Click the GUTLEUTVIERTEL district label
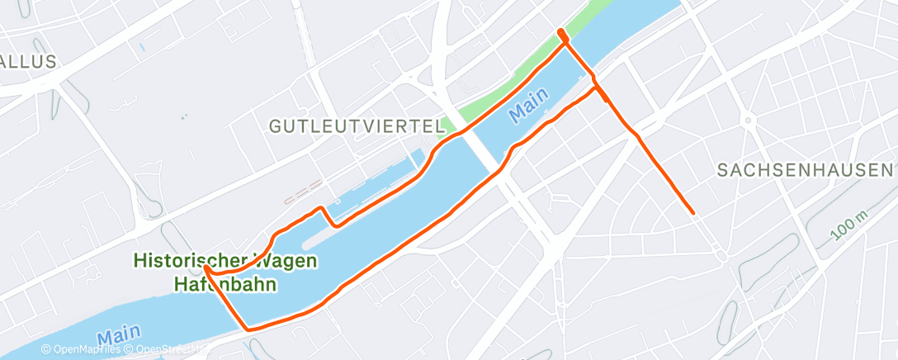pyautogui.click(x=357, y=126)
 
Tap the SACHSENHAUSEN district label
pyautogui.click(x=805, y=170)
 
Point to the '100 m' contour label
pyautogui.click(x=849, y=225)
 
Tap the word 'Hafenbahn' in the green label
pyautogui.click(x=225, y=284)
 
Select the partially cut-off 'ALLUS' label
pyautogui.click(x=28, y=61)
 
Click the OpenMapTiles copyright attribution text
pyautogui.click(x=81, y=350)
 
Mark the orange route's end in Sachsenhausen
pyautogui.click(x=692, y=212)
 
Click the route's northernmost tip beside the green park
pyautogui.click(x=561, y=32)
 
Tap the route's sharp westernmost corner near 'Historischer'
pyautogui.click(x=203, y=267)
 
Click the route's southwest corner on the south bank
pyautogui.click(x=248, y=328)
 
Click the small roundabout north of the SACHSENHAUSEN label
pyautogui.click(x=748, y=121)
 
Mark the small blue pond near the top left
pyautogui.click(x=141, y=47)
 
